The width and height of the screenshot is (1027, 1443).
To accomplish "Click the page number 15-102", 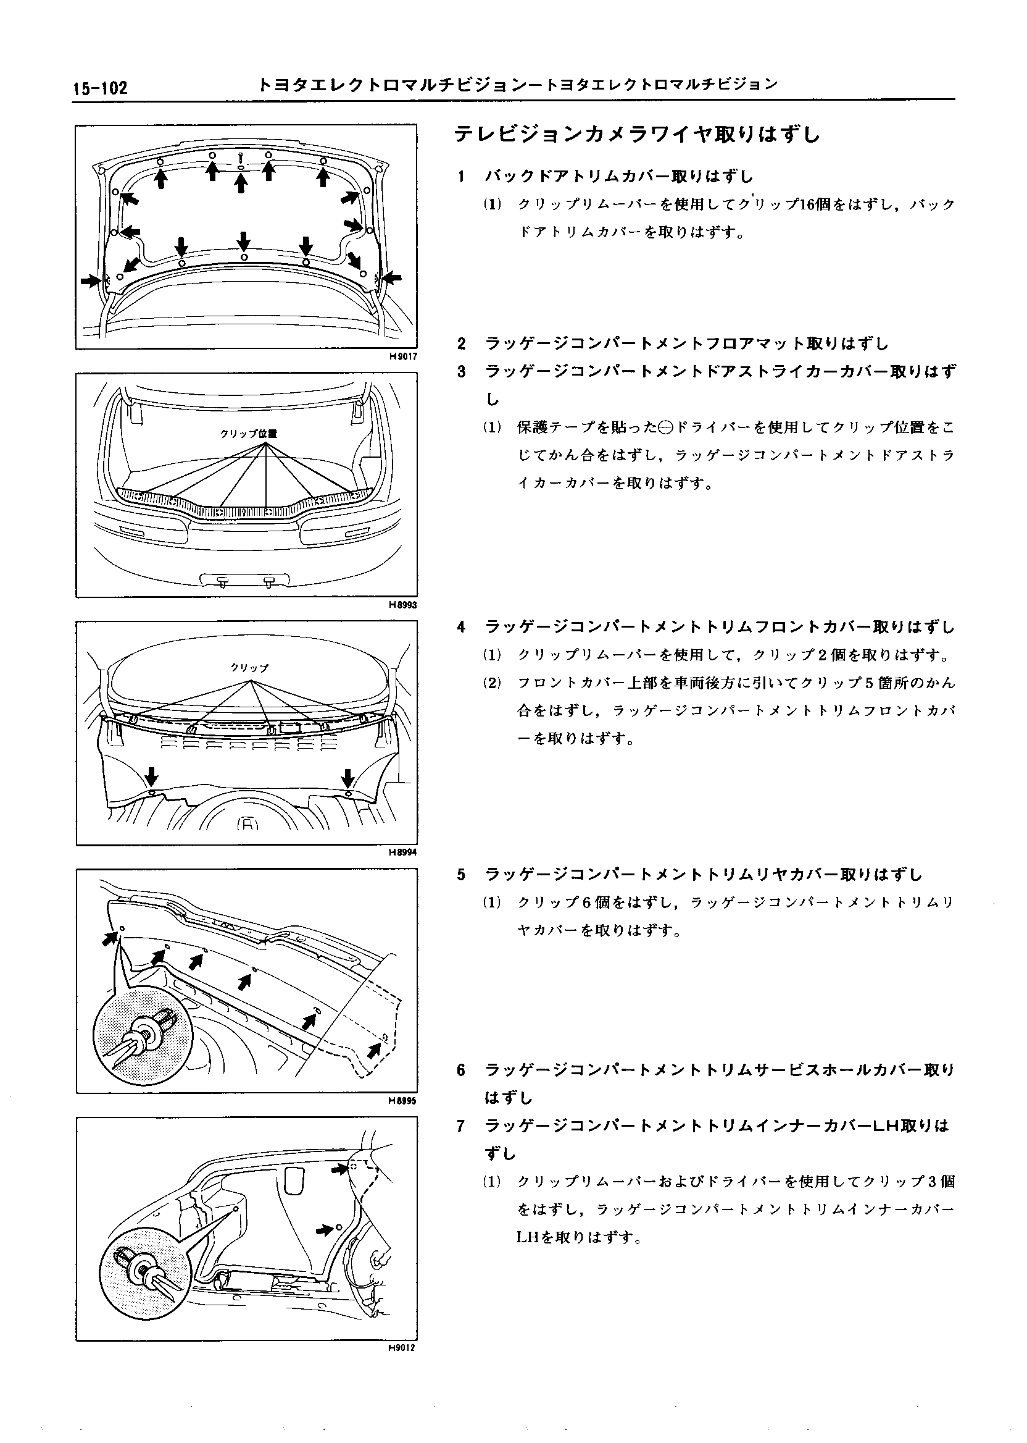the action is point(100,87).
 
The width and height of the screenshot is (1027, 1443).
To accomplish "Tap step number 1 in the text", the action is point(462,177).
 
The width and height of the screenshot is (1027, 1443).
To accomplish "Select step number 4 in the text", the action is point(462,627).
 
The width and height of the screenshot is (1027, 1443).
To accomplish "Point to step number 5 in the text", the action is point(462,875).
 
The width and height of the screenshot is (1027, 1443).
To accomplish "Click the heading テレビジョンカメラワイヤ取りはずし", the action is point(638,135).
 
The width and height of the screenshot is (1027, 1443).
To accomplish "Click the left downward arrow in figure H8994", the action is point(152,776).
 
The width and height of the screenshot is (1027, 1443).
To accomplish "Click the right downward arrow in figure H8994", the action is point(348,777).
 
